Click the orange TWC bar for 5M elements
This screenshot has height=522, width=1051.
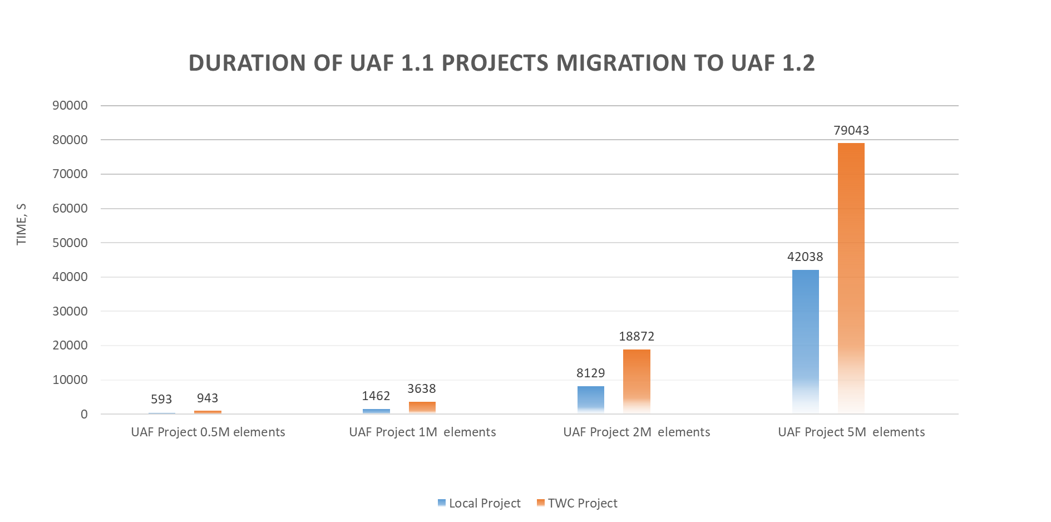tap(851, 278)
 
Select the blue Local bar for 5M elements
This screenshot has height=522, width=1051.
tap(805, 341)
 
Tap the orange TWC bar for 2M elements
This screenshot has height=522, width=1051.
tap(636, 381)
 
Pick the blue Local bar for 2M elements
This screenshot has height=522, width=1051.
tap(590, 399)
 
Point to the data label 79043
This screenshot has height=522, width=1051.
tap(851, 130)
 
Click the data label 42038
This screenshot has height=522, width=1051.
tap(805, 257)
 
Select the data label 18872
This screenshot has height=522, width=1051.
tap(636, 336)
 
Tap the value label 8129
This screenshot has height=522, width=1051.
tap(590, 373)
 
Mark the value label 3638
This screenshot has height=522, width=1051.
tap(421, 388)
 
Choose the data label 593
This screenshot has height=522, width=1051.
tap(161, 399)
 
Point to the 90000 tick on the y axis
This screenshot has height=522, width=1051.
tap(70, 105)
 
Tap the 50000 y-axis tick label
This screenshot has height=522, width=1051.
tap(70, 243)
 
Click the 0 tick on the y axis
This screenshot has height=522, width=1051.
tap(84, 414)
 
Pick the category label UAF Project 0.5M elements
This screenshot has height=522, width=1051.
tap(208, 432)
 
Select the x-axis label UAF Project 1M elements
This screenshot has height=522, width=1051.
tap(422, 432)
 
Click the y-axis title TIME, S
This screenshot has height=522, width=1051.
tap(22, 224)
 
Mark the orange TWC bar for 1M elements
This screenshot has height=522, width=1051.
tap(422, 407)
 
